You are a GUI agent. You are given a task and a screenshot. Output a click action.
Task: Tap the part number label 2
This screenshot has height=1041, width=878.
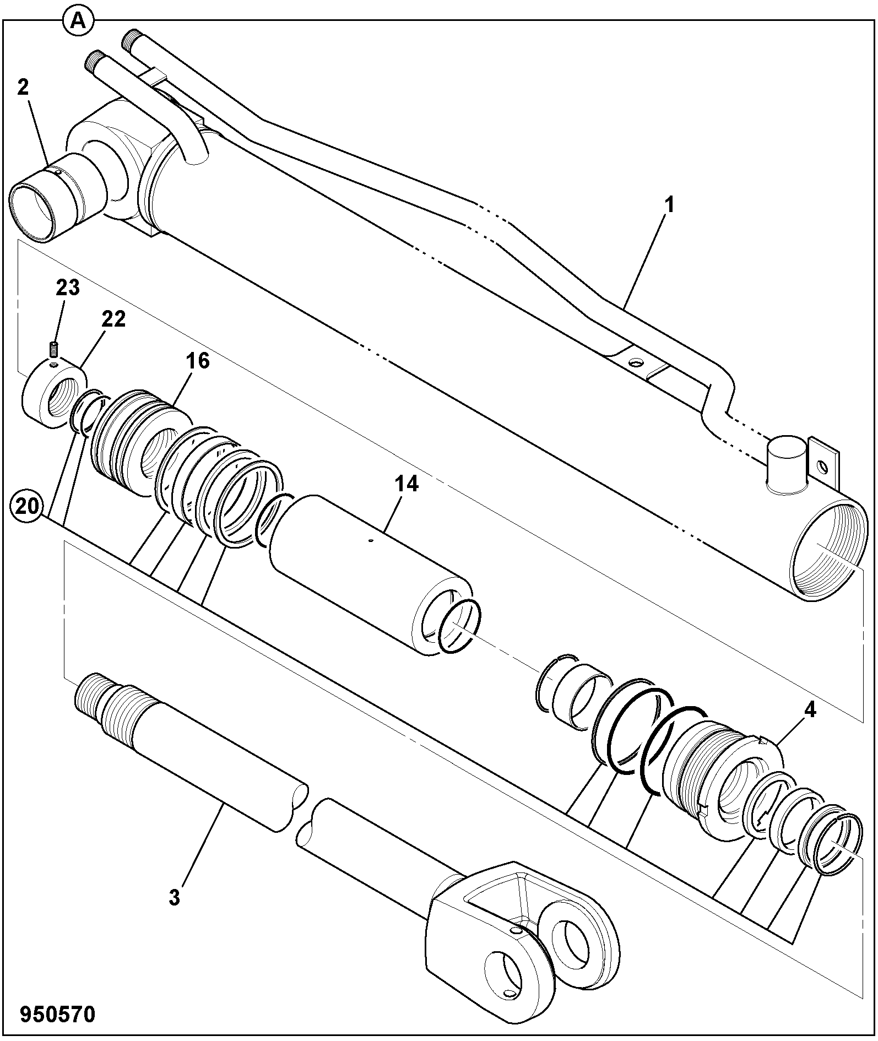click(23, 87)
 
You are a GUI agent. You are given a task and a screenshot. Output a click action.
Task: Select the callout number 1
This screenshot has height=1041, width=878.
click(669, 206)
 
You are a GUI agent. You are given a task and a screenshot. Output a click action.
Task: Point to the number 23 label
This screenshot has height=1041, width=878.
click(68, 288)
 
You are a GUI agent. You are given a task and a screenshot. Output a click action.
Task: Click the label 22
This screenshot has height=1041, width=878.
click(113, 319)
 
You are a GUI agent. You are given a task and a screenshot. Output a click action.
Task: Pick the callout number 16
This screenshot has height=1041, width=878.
click(197, 361)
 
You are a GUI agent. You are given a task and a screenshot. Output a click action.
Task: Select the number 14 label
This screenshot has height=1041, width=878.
click(406, 484)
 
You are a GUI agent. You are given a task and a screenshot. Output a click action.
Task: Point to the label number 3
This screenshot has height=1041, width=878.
click(174, 898)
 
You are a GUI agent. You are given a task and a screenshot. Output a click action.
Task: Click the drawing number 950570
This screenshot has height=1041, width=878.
click(58, 1013)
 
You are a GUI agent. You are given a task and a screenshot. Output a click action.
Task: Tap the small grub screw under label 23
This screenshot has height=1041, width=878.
click(54, 349)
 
